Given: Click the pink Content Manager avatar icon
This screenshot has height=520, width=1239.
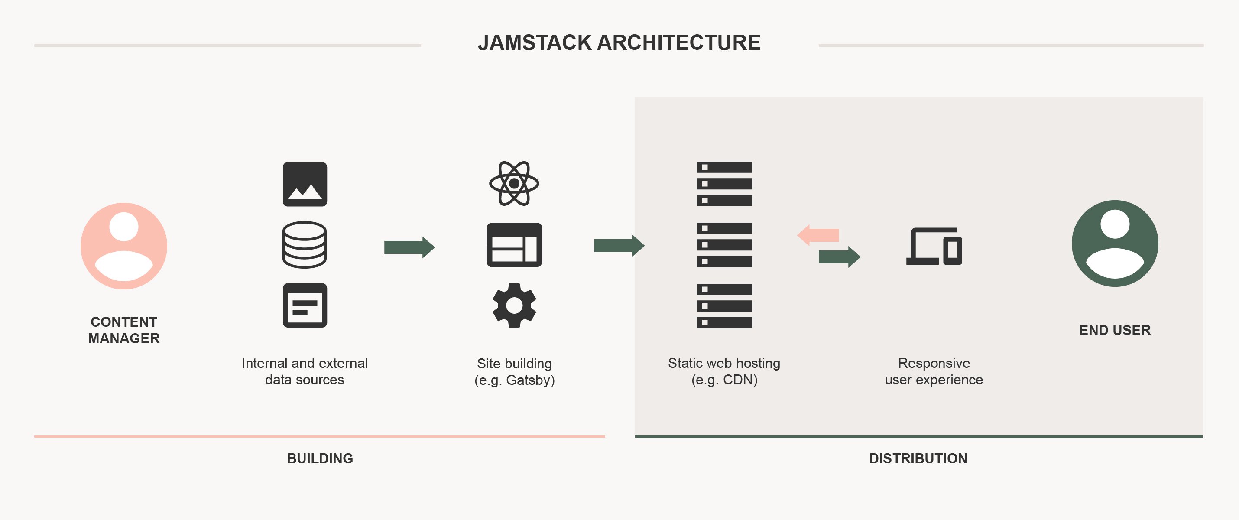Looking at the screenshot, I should pos(123,246).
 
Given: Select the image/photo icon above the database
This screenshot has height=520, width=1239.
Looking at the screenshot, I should pos(305,184).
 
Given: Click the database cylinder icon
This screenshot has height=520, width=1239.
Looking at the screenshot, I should pos(305,244).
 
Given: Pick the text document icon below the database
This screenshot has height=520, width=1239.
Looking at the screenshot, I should pos(305,305).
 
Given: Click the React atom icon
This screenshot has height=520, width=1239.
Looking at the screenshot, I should pos(514,183).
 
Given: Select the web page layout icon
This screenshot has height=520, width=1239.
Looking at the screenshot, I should pos(514,244).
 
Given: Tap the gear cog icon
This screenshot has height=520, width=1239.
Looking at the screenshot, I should pos(514,305).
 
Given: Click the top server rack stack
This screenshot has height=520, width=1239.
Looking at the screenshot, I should pos(724,184).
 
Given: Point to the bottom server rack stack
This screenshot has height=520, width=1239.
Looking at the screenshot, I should pos(724,306).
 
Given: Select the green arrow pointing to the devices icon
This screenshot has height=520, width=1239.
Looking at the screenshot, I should pos(839,257).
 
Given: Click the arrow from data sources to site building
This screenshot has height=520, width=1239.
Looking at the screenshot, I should pos(409,247).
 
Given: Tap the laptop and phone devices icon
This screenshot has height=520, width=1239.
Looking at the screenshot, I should pos(934,246).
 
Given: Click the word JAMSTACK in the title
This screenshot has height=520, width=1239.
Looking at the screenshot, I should pos(534,43).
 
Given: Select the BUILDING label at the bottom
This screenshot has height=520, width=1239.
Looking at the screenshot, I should pos(320,458).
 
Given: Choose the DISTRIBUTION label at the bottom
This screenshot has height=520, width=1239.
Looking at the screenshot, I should pos(918,458).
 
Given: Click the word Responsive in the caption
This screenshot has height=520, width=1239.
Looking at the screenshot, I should pos(934,363).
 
